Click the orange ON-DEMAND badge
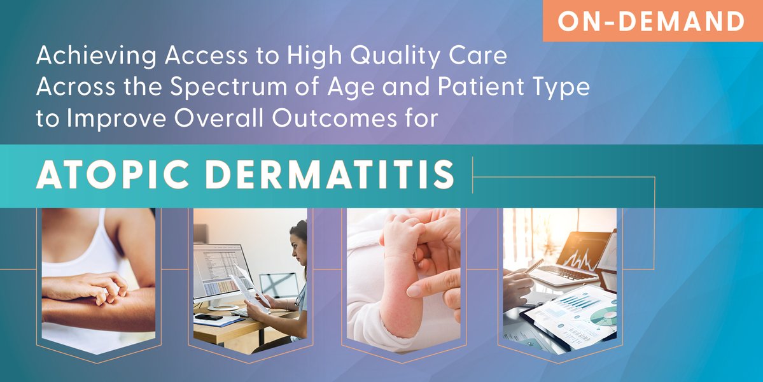652,22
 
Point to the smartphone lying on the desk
207,317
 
